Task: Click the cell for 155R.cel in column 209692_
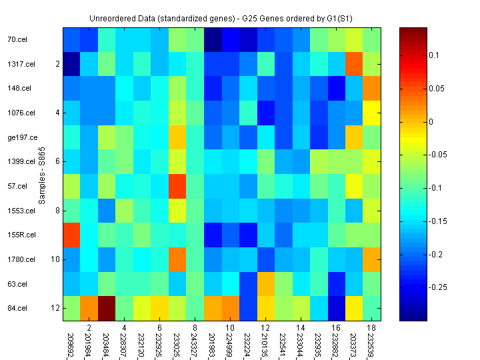(x=71, y=235)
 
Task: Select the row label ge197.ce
(x=19, y=137)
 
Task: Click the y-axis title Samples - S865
(x=41, y=173)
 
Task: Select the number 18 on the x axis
(x=371, y=328)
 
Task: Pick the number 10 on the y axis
(x=56, y=259)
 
